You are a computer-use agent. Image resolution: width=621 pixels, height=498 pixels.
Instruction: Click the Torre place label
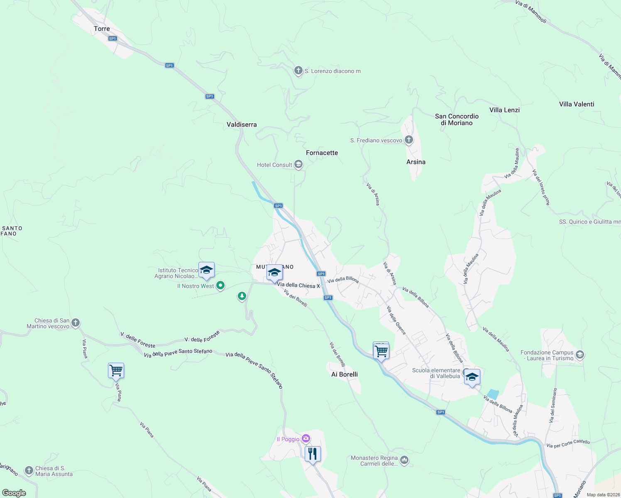pyautogui.click(x=102, y=29)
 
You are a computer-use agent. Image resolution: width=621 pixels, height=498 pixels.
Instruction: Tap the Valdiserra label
pyautogui.click(x=242, y=124)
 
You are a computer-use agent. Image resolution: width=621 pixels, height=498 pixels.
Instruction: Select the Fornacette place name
pyautogui.click(x=322, y=153)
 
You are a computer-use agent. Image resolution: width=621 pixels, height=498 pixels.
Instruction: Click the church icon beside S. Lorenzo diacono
pyautogui.click(x=298, y=71)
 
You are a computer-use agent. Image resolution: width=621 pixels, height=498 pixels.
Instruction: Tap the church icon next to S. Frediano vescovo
pyautogui.click(x=409, y=140)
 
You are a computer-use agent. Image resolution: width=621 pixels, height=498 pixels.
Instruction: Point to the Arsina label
pyautogui.click(x=416, y=162)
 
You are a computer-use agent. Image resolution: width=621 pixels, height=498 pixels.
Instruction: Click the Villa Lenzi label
pyautogui.click(x=504, y=110)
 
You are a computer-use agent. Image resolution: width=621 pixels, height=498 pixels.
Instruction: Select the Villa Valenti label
pyautogui.click(x=577, y=104)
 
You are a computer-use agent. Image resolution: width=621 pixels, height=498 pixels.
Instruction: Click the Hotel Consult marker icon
pyautogui.click(x=298, y=165)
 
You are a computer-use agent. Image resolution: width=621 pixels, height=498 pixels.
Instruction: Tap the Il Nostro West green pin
pyautogui.click(x=221, y=286)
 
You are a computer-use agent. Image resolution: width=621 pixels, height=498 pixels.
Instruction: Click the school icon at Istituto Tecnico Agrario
pyautogui.click(x=206, y=271)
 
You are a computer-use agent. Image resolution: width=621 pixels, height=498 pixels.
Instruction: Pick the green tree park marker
pyautogui.click(x=242, y=296)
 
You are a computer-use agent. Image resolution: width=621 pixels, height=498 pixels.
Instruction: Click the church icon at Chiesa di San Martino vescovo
pyautogui.click(x=75, y=323)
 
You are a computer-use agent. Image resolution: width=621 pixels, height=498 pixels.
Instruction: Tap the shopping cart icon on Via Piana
pyautogui.click(x=116, y=370)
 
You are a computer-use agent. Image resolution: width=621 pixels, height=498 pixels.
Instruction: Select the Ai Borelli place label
pyautogui.click(x=345, y=374)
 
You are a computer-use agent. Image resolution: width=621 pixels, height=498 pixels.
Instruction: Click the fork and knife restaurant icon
pyautogui.click(x=313, y=454)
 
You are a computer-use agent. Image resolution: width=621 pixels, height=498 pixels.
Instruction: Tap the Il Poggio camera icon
pyautogui.click(x=306, y=439)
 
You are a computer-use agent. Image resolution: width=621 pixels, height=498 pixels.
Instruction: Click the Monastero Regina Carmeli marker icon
pyautogui.click(x=405, y=460)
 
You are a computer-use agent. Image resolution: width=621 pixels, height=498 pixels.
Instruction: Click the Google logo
pyautogui.click(x=14, y=493)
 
